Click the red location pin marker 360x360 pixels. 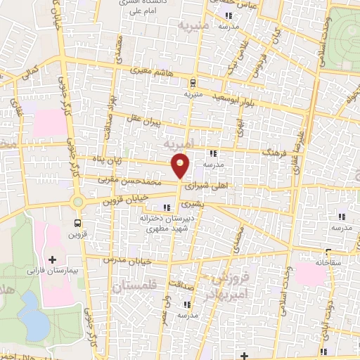click(181, 166)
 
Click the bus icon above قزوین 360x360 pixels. click(77, 224)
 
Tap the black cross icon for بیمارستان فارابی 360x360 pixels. click(52, 259)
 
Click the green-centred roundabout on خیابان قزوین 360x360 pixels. click(77, 202)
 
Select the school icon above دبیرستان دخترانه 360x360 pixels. click(167, 207)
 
